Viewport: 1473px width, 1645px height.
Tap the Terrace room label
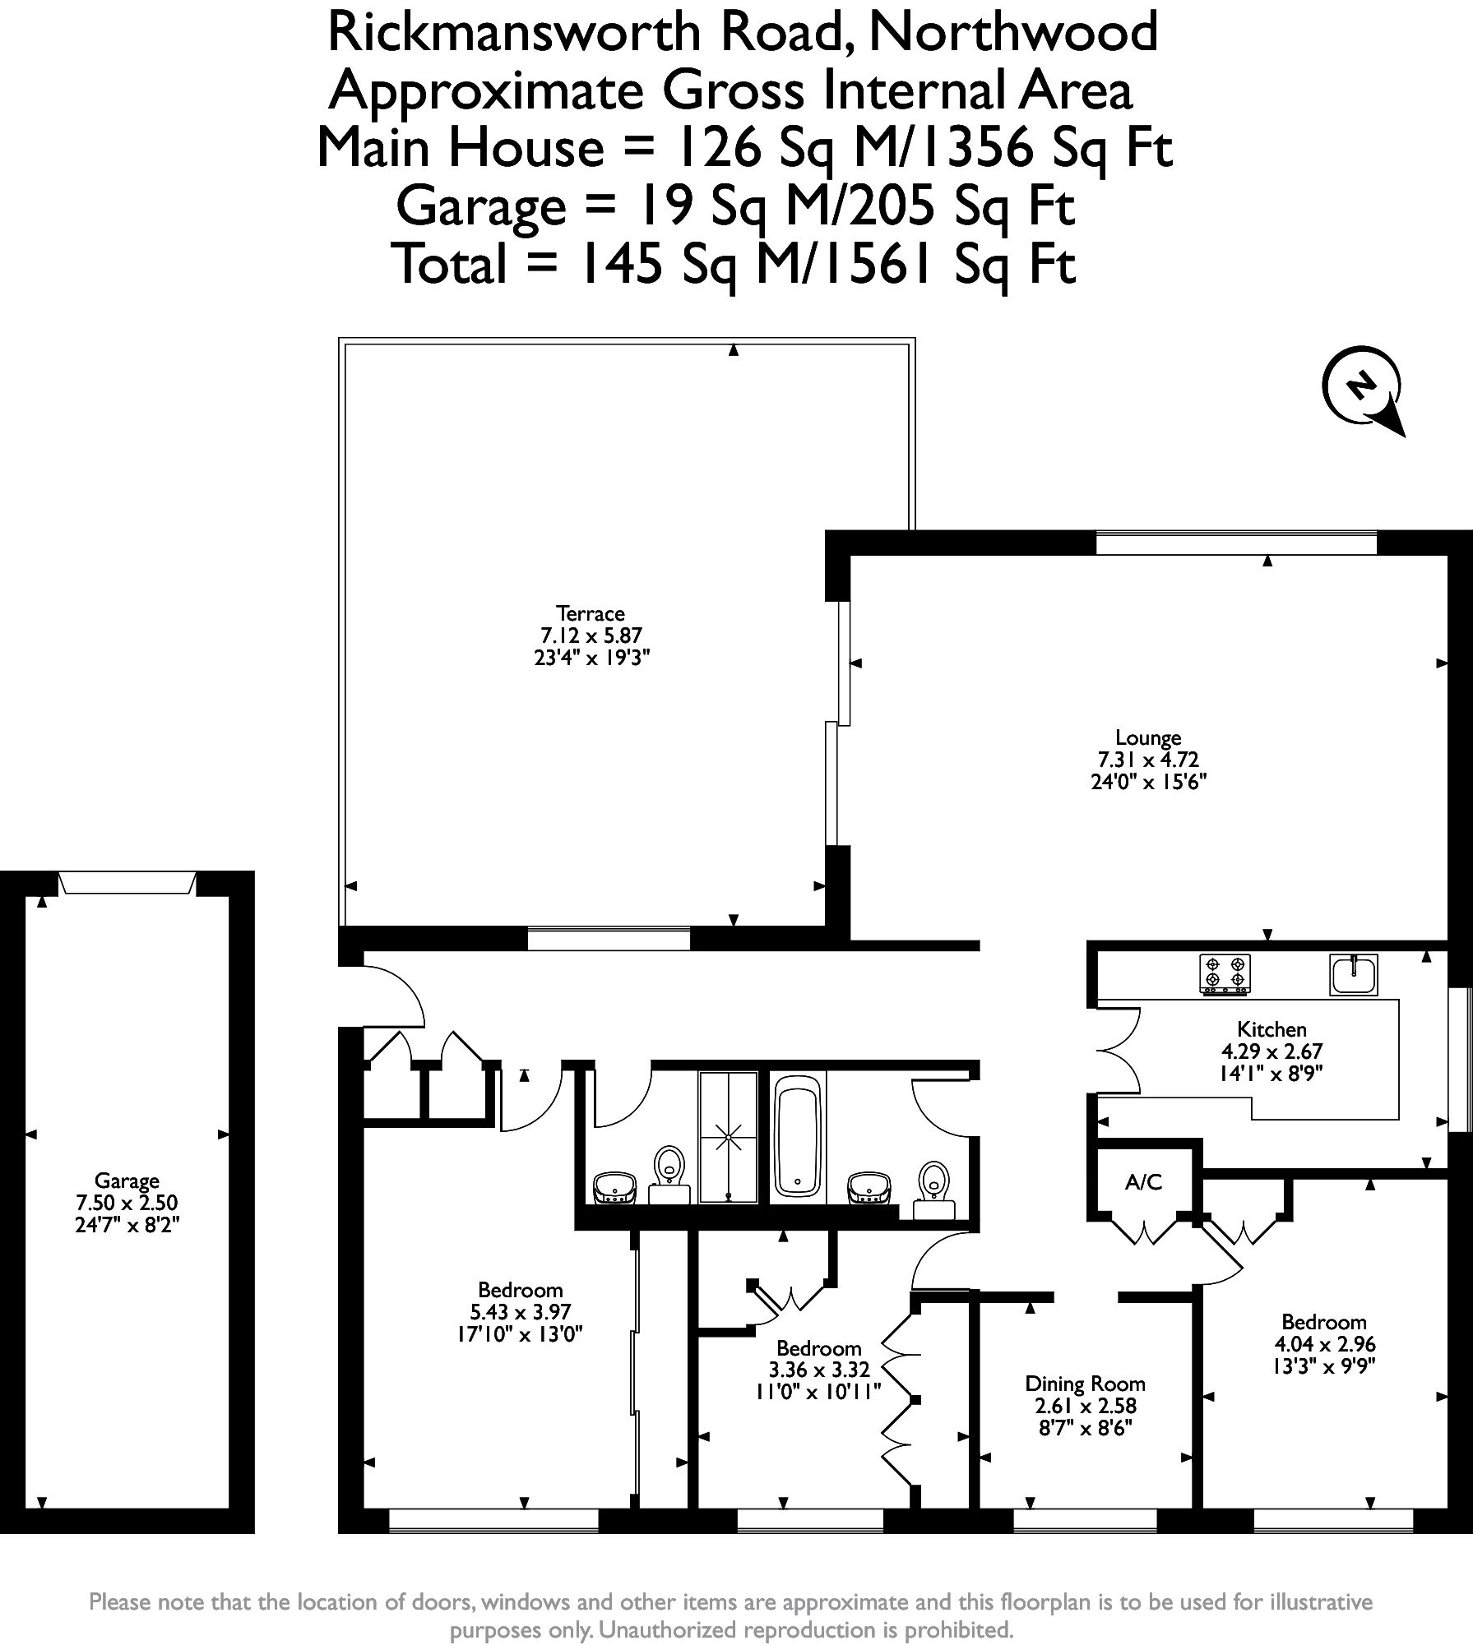coord(591,613)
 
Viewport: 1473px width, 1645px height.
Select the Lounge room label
coord(1148,737)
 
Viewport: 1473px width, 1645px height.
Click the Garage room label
coord(127,1181)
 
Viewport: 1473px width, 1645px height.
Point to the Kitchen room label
coord(1272,1029)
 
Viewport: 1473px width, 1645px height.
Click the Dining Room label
coord(1085,1384)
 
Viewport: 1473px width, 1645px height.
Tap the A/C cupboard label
coord(1143,1182)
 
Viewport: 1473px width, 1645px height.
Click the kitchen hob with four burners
coord(1225,974)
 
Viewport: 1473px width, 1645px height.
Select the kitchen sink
coord(1354,974)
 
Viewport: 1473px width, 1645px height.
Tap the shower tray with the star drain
coord(728,1138)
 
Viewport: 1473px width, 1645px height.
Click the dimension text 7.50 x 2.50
coord(127,1203)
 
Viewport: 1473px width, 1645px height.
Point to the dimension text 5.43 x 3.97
coord(520,1312)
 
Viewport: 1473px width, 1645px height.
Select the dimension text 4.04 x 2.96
coord(1324,1344)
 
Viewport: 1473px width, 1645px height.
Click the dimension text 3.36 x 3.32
coord(818,1370)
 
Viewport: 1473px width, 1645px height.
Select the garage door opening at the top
coord(127,883)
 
